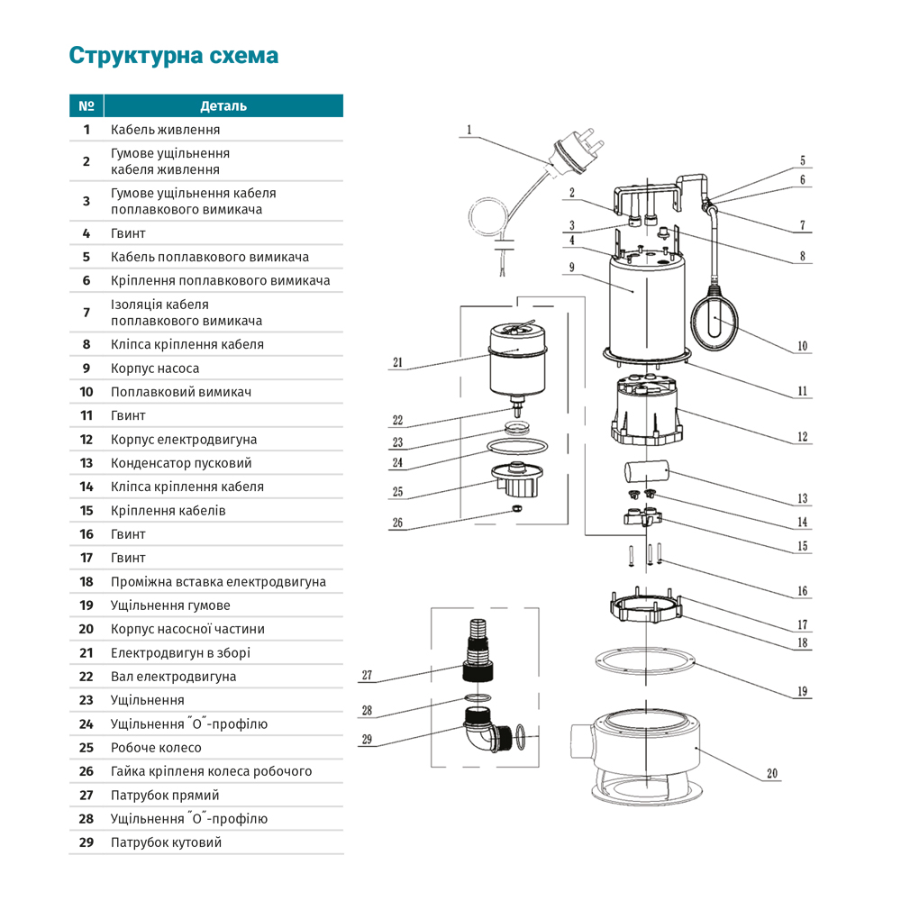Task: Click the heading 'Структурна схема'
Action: tap(174, 56)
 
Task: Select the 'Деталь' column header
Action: tap(223, 106)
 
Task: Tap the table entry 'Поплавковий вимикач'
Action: tap(180, 392)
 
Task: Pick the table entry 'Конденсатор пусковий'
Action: tap(181, 463)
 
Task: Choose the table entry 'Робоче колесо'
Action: tap(156, 748)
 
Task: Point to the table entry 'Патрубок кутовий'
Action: tap(166, 842)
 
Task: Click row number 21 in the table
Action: tap(86, 653)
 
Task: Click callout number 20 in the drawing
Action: tap(772, 773)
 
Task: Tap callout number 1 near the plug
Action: tap(469, 130)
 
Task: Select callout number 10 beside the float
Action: tap(803, 345)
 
